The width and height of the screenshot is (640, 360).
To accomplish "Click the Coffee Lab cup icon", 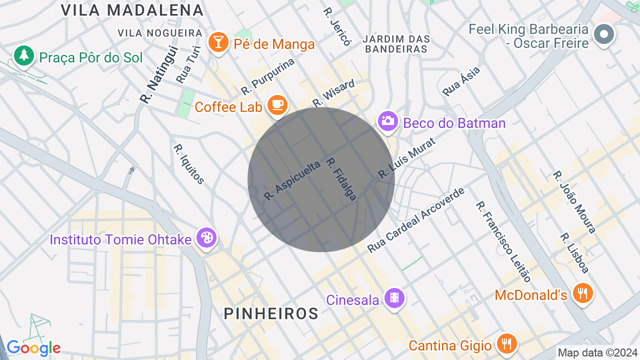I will pyautogui.click(x=277, y=105).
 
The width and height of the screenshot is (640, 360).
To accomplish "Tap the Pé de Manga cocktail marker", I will pyautogui.click(x=218, y=42).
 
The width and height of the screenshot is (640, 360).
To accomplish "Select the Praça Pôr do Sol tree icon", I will pyautogui.click(x=23, y=55).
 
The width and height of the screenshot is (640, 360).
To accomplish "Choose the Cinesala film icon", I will pyautogui.click(x=394, y=298).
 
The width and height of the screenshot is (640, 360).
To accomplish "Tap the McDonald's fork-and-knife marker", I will pyautogui.click(x=582, y=293).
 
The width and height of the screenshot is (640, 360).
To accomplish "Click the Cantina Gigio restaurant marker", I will pyautogui.click(x=507, y=343).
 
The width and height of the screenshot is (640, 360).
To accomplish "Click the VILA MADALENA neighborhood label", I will pyautogui.click(x=132, y=10).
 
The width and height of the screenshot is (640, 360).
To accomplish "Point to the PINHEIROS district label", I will pyautogui.click(x=271, y=313).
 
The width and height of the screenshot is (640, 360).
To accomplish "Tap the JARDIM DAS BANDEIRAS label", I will pyautogui.click(x=396, y=44).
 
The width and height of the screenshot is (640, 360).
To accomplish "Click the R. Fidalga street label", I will pyautogui.click(x=341, y=179).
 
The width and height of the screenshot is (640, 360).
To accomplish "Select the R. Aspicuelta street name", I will pyautogui.click(x=292, y=180).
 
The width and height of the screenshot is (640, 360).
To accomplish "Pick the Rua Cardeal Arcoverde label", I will pyautogui.click(x=416, y=220).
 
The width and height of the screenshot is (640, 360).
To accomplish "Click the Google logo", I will pyautogui.click(x=33, y=348).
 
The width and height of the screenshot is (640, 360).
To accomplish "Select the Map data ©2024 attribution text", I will pyautogui.click(x=598, y=352).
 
